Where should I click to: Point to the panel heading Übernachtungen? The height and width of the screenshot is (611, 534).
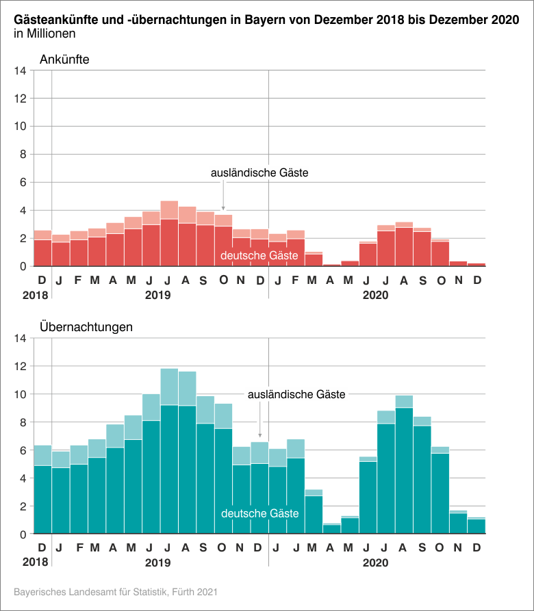click(86, 327)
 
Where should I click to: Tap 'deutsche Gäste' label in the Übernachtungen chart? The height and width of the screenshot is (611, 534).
click(259, 513)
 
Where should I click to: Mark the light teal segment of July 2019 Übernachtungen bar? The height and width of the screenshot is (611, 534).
click(169, 387)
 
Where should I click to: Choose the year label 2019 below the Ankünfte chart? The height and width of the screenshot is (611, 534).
click(159, 295)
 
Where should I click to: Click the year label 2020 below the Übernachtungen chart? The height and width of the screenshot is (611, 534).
click(376, 563)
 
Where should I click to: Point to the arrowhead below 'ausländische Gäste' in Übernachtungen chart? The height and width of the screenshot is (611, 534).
click(259, 434)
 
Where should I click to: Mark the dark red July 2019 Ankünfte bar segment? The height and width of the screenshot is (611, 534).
click(169, 243)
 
